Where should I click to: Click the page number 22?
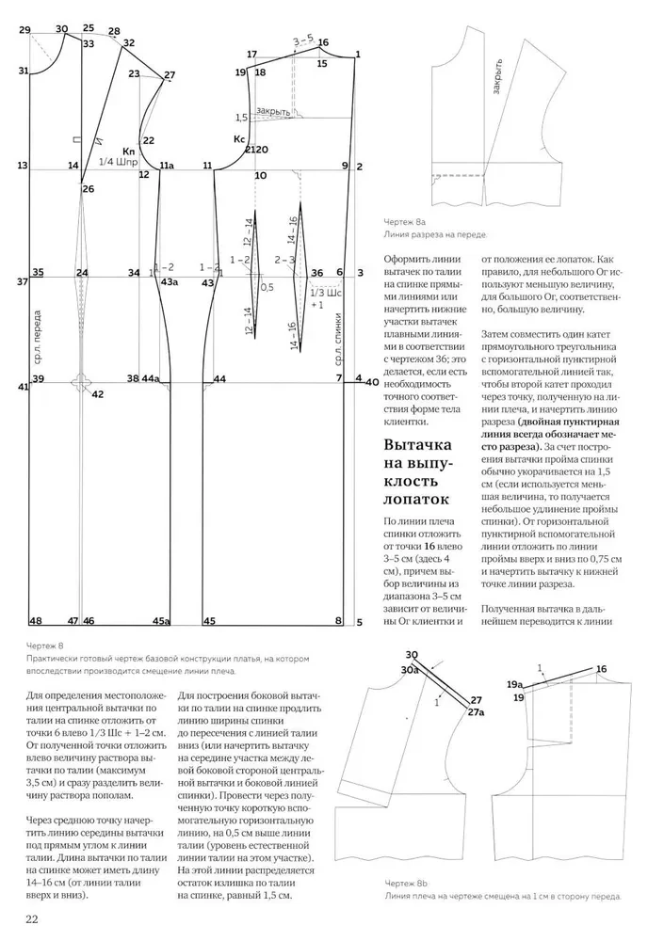point(31,918)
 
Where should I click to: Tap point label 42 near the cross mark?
point(97,394)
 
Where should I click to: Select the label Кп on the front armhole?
point(129,151)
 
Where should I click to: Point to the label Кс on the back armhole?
point(239,138)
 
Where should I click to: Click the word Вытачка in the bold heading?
point(418,445)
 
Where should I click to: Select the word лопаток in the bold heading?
point(415,499)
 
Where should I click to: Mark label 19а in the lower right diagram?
point(514,684)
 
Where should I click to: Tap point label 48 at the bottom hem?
point(35,621)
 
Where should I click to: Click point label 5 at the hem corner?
point(360,621)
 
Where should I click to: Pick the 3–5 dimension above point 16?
point(302,40)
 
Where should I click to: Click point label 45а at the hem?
point(161,621)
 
